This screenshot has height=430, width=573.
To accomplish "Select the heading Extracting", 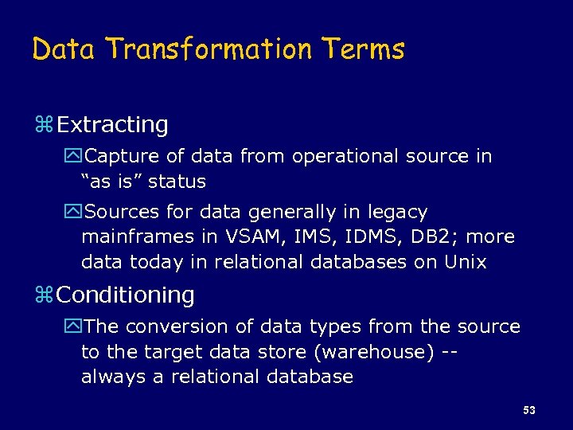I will point(112,125).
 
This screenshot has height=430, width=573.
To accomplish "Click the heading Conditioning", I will point(126,295).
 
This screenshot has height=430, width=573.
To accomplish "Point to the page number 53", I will point(529,410).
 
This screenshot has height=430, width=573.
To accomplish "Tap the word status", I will point(177,182).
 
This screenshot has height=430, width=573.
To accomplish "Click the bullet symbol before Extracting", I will point(45,126).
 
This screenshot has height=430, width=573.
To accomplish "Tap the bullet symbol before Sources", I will point(75,213).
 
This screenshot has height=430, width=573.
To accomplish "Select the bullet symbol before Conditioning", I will point(45,296).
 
